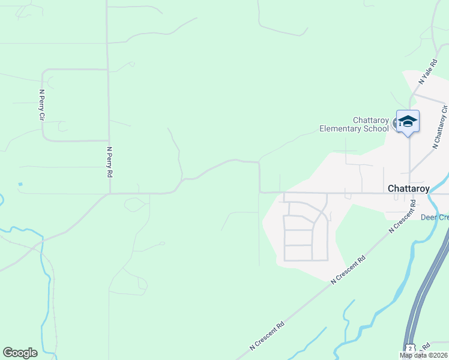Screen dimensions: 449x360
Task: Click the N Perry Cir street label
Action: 41,104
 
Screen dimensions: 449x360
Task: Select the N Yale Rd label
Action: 429,71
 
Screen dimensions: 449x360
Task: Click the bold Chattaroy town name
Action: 408,188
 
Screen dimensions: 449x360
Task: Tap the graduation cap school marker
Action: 408,121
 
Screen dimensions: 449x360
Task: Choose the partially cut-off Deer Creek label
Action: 434,217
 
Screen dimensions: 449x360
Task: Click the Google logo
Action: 20,353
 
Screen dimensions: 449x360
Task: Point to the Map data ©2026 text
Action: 423,355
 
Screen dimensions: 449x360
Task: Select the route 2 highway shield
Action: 409,349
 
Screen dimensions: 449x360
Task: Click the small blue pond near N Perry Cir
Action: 20,184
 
